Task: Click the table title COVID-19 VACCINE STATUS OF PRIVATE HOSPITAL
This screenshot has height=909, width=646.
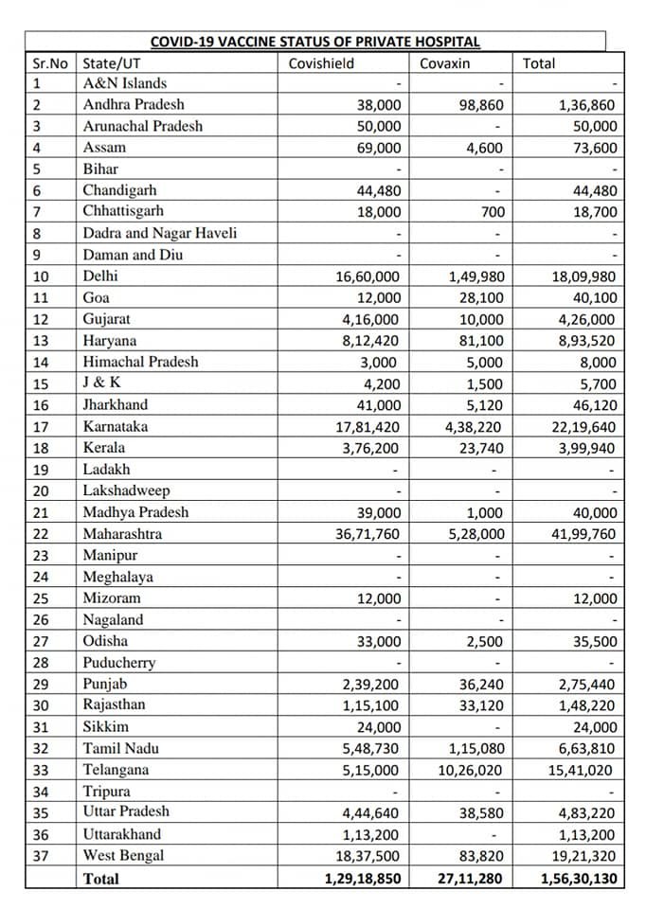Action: pos(315,42)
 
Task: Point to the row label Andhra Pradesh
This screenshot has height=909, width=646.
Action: pos(134,104)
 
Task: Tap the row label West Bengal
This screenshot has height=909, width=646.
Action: pos(123,856)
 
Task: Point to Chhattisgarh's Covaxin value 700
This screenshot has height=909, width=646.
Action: pos(493,212)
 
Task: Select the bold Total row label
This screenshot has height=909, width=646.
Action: pos(101,879)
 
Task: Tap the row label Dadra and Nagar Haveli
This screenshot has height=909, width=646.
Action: pos(159,233)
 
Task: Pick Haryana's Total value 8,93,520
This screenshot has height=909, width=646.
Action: pos(585,341)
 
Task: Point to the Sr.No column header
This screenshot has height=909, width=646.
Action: pos(46,63)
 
